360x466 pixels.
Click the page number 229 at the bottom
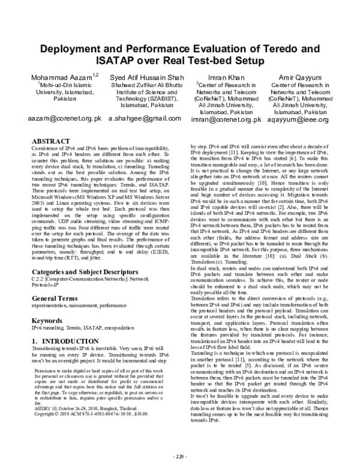pyautogui.click(x=180, y=456)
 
